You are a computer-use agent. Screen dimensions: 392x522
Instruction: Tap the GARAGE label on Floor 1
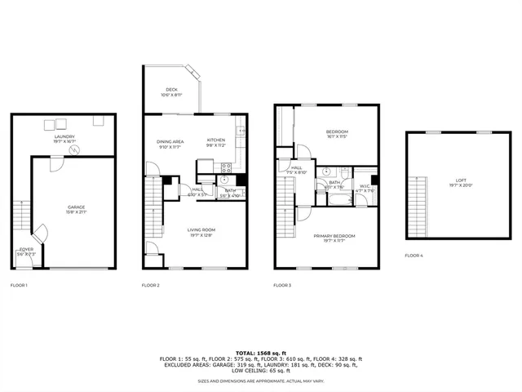coord(76,207)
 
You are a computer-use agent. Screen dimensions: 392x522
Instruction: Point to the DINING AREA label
coord(170,141)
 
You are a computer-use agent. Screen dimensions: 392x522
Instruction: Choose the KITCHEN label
coord(215,140)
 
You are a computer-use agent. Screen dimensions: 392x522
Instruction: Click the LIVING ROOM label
coord(201,229)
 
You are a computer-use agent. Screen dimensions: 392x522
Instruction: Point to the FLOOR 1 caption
coord(19,285)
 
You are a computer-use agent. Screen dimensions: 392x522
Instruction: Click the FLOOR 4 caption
coord(414,256)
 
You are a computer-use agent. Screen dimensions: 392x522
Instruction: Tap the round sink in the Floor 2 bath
coord(223,180)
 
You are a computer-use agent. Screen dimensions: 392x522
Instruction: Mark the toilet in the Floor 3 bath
coord(325,172)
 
